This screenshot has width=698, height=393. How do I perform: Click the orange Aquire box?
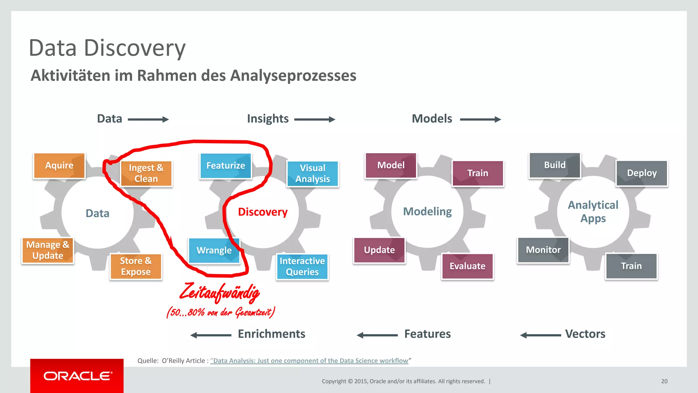(59, 166)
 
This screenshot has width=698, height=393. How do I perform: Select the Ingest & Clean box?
(146, 174)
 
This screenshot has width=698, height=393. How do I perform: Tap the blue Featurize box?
(226, 166)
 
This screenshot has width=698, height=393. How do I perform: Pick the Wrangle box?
(214, 250)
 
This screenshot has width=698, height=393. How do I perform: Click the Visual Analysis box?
(313, 174)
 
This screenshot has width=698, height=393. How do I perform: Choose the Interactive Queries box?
(302, 266)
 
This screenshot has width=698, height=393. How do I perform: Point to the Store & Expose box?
(136, 266)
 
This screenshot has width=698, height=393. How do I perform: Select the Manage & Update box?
(48, 250)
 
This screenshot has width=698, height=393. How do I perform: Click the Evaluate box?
(467, 266)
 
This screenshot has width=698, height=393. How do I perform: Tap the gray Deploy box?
(642, 173)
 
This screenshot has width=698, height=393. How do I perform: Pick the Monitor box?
(543, 250)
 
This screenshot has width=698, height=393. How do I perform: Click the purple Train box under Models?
(478, 173)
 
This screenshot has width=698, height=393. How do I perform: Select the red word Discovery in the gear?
(263, 212)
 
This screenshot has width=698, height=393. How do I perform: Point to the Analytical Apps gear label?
(593, 212)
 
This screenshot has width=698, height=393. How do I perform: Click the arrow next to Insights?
(315, 119)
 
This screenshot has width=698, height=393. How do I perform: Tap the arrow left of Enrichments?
(211, 335)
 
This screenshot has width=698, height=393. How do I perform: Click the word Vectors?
(585, 334)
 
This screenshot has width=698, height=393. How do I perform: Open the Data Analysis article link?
(309, 361)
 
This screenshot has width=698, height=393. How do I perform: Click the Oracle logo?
(77, 376)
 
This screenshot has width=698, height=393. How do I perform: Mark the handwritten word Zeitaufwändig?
(219, 293)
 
